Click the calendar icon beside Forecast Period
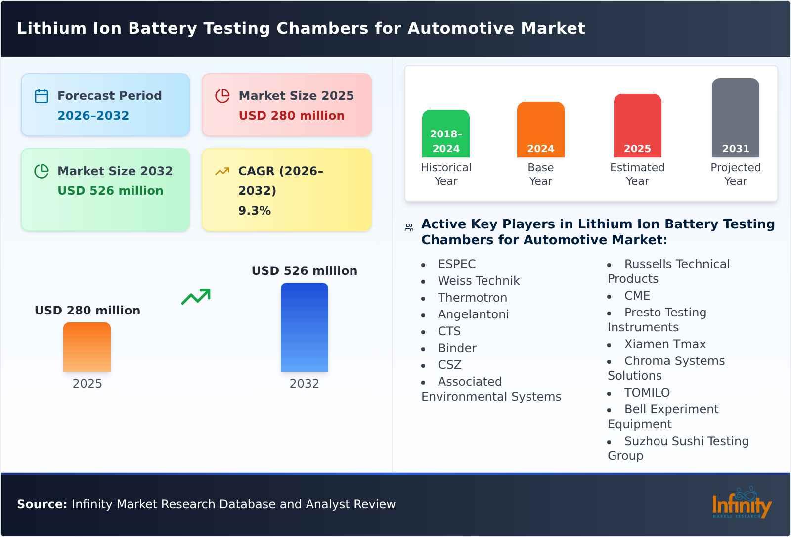42,96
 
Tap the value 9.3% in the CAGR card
254,211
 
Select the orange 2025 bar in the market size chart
87,347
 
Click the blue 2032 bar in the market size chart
304,327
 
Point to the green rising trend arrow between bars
196,297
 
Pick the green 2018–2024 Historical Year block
446,134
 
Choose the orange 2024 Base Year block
540,130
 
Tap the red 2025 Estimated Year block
637,126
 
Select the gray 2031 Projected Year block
735,118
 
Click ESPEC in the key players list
457,264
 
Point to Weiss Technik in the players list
479,281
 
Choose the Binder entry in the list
457,348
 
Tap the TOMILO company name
647,393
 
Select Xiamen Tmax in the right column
665,344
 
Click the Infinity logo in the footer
742,503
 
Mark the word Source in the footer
42,504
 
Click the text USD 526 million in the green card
110,191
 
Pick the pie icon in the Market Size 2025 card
222,96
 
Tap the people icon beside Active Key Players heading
409,227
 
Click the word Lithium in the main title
52,28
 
